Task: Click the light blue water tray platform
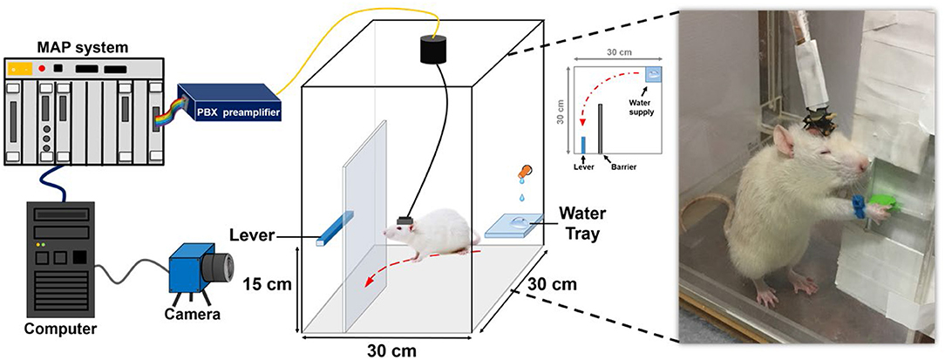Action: click(x=518, y=226)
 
